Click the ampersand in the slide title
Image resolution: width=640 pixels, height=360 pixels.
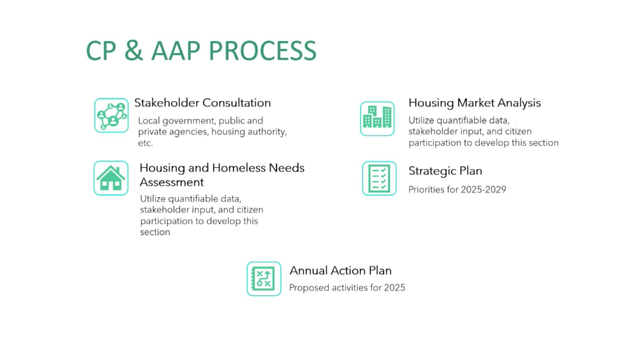click(133, 51)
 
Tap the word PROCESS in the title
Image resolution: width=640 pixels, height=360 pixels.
click(262, 51)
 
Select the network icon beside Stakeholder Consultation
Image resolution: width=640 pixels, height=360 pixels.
click(111, 115)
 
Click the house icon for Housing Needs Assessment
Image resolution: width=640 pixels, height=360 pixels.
click(111, 178)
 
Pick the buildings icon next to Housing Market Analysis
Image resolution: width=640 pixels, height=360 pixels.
click(377, 119)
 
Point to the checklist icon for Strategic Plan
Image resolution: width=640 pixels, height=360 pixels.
click(379, 178)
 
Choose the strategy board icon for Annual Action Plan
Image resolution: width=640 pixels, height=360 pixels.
click(264, 279)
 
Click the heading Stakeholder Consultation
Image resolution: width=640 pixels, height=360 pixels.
click(202, 103)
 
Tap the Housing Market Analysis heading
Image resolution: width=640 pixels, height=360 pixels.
click(474, 103)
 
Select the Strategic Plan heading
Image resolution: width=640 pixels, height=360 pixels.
click(445, 171)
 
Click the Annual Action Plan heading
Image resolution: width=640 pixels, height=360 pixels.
click(340, 270)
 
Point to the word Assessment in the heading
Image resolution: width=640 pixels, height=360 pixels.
click(172, 182)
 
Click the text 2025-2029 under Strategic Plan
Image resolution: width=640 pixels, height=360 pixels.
click(484, 190)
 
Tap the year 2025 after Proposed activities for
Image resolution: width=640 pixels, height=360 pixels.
click(394, 288)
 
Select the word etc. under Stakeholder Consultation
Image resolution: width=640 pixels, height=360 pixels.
click(145, 143)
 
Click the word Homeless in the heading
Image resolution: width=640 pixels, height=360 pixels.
click(239, 168)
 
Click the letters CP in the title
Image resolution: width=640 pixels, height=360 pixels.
click(101, 51)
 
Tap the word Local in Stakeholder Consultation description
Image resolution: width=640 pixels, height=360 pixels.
click(149, 121)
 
